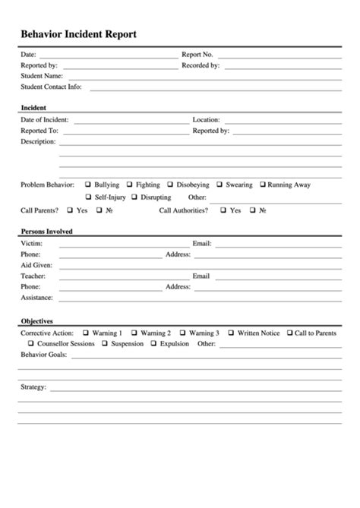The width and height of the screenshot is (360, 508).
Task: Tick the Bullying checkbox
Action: tap(88, 185)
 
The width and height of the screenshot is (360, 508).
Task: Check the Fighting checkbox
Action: tap(129, 185)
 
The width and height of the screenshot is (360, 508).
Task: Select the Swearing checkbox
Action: tap(219, 185)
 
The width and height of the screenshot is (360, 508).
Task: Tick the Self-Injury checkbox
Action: tap(88, 197)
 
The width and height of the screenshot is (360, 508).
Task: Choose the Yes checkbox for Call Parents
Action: tap(70, 210)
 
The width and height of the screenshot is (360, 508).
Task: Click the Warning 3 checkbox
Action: tap(182, 333)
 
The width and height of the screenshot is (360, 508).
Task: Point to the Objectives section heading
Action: tap(36, 321)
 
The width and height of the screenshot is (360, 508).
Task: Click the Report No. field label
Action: tap(197, 55)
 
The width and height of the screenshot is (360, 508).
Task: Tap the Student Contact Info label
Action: tap(51, 87)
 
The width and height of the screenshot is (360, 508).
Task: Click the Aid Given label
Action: tap(36, 265)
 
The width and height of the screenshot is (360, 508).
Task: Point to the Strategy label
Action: tap(33, 387)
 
